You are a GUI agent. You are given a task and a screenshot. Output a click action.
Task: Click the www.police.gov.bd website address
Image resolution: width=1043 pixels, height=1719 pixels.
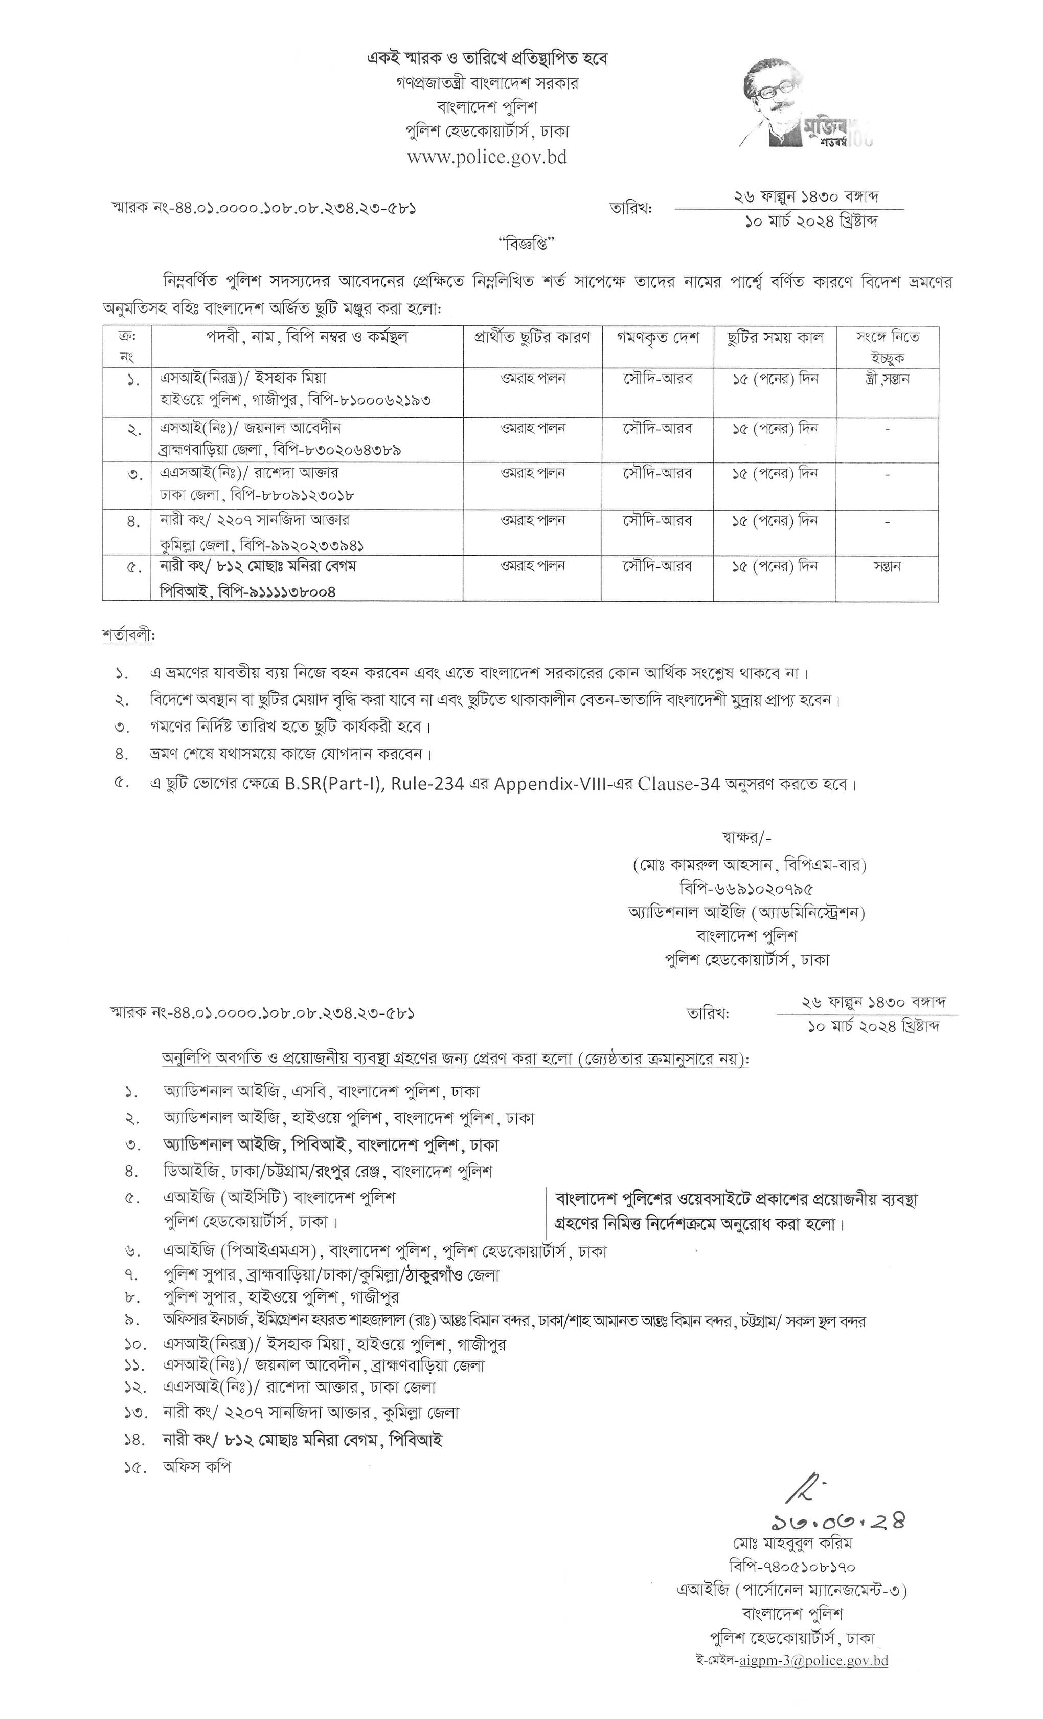(487, 157)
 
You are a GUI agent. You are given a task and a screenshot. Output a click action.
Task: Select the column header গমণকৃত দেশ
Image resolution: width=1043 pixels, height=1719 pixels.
(657, 338)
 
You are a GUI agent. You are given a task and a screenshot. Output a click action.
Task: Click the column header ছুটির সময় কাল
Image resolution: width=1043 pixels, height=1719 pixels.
(774, 338)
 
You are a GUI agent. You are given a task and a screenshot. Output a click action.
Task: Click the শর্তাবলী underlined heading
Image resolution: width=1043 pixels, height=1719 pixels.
(128, 636)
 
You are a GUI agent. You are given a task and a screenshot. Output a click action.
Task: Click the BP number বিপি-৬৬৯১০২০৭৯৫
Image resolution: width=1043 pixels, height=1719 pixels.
(746, 889)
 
